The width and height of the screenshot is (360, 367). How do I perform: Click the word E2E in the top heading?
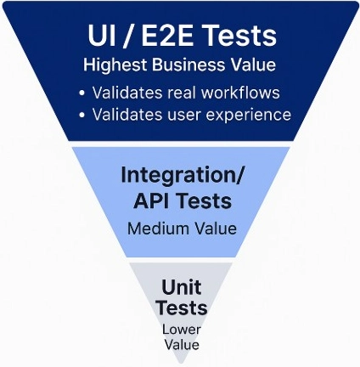pyautogui.click(x=167, y=36)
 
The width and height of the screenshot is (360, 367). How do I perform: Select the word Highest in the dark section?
pyautogui.click(x=115, y=65)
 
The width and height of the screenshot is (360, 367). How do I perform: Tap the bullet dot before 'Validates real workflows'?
pyautogui.click(x=82, y=93)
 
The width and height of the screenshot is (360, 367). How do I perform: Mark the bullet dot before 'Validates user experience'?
pyautogui.click(x=82, y=115)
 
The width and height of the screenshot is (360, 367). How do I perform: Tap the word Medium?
pyautogui.click(x=159, y=229)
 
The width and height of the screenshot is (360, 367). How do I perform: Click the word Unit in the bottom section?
pyautogui.click(x=182, y=287)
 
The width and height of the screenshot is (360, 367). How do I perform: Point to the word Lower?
pyautogui.click(x=182, y=330)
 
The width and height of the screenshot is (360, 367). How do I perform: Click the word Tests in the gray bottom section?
pyautogui.click(x=182, y=308)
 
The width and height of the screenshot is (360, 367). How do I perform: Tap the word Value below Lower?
pyautogui.click(x=182, y=345)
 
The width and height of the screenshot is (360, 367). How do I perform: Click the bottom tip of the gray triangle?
pyautogui.click(x=181, y=364)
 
